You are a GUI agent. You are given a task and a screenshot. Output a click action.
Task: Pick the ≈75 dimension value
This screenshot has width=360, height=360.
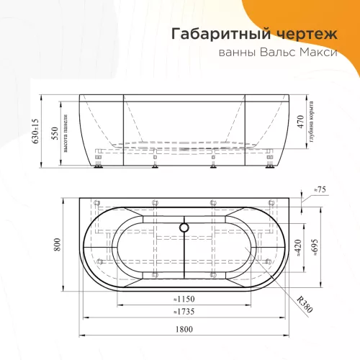pos(321,189)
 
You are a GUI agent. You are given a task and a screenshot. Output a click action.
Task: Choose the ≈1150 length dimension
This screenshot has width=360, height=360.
pos(186,299)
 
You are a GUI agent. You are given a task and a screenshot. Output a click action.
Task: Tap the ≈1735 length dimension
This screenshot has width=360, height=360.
pos(186,311)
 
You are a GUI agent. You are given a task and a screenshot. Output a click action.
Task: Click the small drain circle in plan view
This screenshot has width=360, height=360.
pos(186,227)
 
